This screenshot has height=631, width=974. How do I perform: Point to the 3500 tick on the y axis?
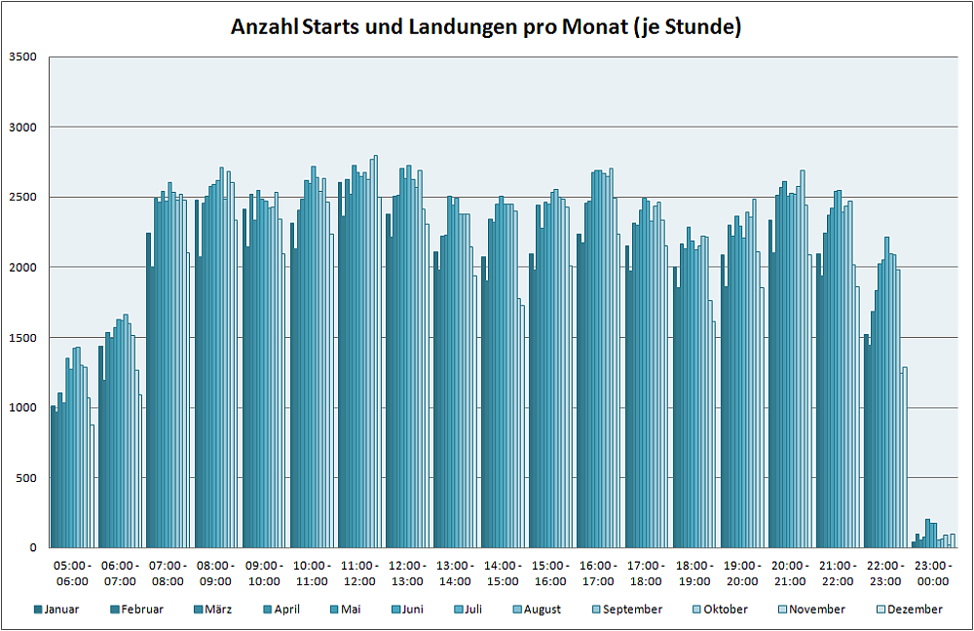coord(22,56)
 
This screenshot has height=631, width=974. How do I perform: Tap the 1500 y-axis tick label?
coord(22,338)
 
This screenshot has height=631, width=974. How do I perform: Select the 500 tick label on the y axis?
coord(26,478)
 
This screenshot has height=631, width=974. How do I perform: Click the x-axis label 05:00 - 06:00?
coord(72,573)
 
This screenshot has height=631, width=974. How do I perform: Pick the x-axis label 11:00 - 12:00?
coord(359,573)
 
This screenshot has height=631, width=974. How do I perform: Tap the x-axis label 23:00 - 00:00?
coord(933,573)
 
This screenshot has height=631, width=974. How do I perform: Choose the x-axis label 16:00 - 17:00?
coord(598,573)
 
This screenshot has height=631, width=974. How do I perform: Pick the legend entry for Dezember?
coord(915,610)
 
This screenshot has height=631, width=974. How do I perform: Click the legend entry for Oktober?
coord(723,610)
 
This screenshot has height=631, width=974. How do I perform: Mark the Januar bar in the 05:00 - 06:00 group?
coord(53,477)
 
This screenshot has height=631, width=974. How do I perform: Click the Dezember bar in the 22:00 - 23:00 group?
coord(905,458)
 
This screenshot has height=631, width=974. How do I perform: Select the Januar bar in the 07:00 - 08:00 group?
coord(148,390)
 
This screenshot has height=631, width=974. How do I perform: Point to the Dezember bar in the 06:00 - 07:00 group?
coord(140,471)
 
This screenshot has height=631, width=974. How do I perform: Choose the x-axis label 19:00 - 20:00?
coord(742,573)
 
